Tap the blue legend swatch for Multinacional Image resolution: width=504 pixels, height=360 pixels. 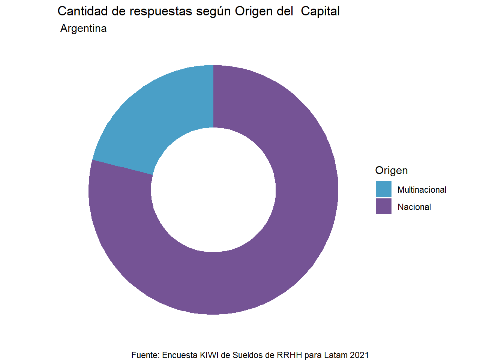(383, 189)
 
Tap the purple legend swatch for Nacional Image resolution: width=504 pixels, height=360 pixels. (383, 206)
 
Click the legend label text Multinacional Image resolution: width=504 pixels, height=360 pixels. (421, 190)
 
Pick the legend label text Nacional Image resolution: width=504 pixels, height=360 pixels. (414, 207)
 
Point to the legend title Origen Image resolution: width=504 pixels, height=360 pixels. (391, 170)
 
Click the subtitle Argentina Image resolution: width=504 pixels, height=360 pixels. (83, 28)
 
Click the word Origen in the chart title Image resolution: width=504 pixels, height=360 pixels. (254, 12)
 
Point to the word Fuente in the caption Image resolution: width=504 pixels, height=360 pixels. (145, 355)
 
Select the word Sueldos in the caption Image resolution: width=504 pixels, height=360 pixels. (247, 355)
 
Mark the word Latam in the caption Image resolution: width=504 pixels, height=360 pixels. (335, 355)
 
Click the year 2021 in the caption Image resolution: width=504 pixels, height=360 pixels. (359, 355)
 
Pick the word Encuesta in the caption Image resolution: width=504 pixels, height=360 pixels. (180, 355)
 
